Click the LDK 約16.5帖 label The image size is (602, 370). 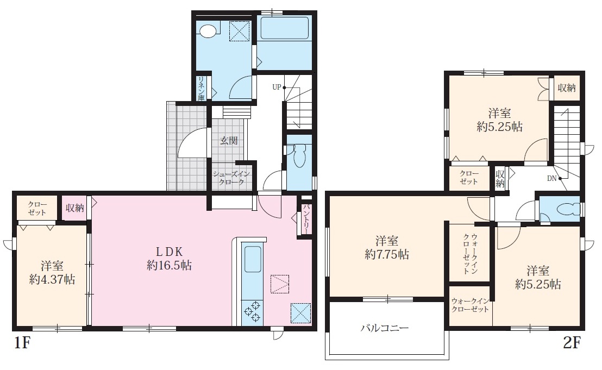point(169,258)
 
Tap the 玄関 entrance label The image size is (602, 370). point(229,141)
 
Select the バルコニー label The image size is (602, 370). point(385,328)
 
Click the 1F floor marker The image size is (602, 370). point(22,342)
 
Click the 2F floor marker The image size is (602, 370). point(571,342)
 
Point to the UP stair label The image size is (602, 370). point(277,87)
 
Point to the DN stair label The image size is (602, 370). point(551,178)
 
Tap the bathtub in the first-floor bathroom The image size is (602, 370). point(285,28)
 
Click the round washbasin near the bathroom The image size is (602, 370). point(208,31)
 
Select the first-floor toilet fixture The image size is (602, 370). point(299,155)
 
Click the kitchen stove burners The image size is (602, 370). point(252,311)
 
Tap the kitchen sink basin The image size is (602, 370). point(253,259)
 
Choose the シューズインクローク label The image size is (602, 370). point(231,178)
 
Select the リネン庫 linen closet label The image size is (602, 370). point(201,89)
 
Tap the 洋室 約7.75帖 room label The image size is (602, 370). point(387,248)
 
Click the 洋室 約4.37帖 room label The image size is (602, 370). point(52,273)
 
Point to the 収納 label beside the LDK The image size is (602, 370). point(74,208)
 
